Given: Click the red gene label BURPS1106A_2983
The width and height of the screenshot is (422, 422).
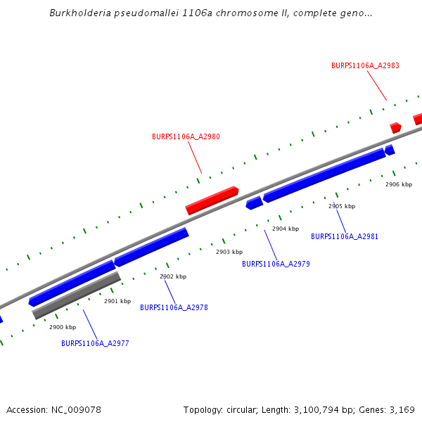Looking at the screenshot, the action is [365, 65].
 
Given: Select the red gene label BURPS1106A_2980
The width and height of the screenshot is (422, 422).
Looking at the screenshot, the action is [186, 136].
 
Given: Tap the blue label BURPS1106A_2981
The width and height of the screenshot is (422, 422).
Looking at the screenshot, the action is [345, 236].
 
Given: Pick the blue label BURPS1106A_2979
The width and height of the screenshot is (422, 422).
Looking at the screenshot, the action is [276, 264].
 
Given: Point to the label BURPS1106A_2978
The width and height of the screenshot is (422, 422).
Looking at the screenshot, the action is [174, 307].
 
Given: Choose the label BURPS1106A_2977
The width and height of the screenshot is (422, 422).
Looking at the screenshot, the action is [95, 343].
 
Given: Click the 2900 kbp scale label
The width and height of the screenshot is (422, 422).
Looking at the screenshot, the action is [63, 327].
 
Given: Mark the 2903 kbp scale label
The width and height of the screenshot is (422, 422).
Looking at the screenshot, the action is [229, 252].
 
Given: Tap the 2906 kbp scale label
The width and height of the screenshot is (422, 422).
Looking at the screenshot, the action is [399, 184].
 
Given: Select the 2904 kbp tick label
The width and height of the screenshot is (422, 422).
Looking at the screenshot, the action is [286, 229].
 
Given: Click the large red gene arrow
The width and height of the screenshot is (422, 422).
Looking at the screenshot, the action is [212, 200].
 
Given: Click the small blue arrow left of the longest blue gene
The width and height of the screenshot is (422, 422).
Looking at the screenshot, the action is [254, 203].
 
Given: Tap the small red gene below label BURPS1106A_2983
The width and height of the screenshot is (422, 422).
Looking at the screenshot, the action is [396, 127].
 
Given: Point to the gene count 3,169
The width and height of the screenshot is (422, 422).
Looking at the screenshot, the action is [400, 409].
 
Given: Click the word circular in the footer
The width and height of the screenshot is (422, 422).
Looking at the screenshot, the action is [245, 409].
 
